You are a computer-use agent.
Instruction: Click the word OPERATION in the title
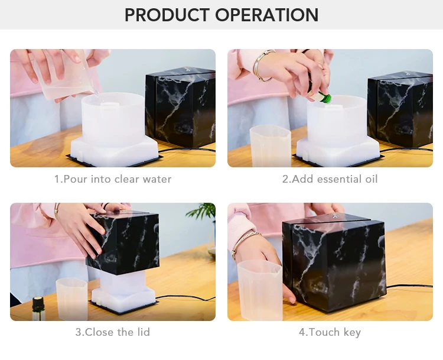pyautogui.click(x=267, y=15)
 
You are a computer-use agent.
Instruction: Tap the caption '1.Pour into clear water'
pyautogui.click(x=113, y=179)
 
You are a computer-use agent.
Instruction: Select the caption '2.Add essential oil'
pyautogui.click(x=330, y=179)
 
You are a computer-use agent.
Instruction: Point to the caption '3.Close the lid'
pyautogui.click(x=112, y=332)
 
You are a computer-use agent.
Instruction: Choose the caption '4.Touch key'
pyautogui.click(x=330, y=332)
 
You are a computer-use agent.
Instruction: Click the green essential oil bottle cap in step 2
pyautogui.click(x=327, y=98)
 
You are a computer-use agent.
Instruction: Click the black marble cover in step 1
pyautogui.click(x=181, y=108)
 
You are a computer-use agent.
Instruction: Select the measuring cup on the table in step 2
pyautogui.click(x=271, y=146)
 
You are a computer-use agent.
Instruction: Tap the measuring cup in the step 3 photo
pyautogui.click(x=71, y=299)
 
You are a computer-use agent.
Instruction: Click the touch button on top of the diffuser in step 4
pyautogui.click(x=334, y=216)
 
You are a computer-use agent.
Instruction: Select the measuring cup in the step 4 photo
pyautogui.click(x=260, y=290)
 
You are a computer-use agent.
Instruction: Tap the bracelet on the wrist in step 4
pyautogui.click(x=245, y=243)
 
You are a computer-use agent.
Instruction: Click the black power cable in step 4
pyautogui.click(x=409, y=286)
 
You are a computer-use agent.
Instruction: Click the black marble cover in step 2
pyautogui.click(x=400, y=109)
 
